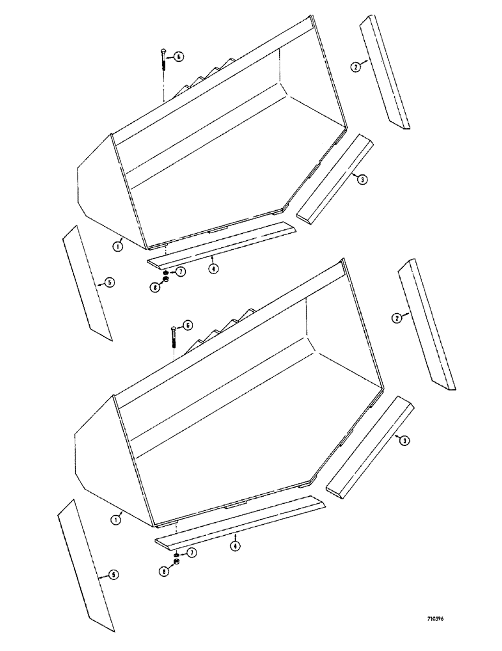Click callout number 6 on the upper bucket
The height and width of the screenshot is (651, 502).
(x=179, y=57)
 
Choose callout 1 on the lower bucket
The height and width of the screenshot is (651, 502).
(x=116, y=519)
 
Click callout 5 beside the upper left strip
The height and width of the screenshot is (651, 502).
(x=110, y=282)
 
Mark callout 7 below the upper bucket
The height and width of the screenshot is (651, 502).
(x=179, y=271)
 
